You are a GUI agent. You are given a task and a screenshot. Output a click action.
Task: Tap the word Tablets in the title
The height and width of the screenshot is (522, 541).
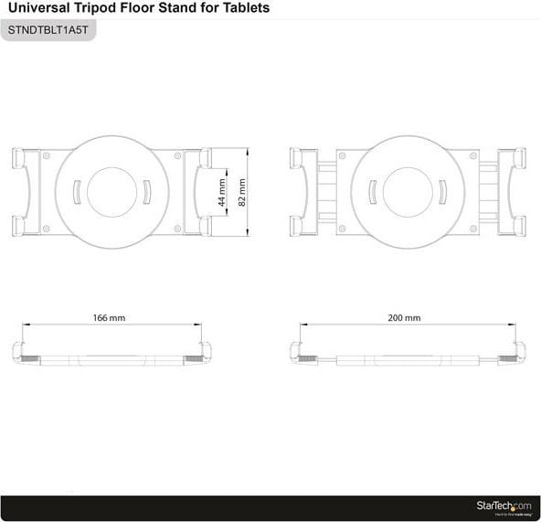[x=245, y=8]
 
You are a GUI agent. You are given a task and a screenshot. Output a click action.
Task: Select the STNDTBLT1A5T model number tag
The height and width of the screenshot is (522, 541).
[x=50, y=29]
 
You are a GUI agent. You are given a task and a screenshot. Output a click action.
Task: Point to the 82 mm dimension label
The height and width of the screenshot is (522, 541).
[x=241, y=192]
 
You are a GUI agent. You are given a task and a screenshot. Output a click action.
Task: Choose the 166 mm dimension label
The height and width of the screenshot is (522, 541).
[x=110, y=318]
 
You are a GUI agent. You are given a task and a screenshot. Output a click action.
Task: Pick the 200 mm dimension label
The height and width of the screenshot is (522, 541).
[x=405, y=318]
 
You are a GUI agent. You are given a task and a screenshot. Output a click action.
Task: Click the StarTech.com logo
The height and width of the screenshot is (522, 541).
[x=502, y=506]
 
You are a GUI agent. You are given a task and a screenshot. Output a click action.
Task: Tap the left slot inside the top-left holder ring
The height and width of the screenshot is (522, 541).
[x=78, y=193]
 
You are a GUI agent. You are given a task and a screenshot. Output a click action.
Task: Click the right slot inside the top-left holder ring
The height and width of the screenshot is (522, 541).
[x=146, y=193]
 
